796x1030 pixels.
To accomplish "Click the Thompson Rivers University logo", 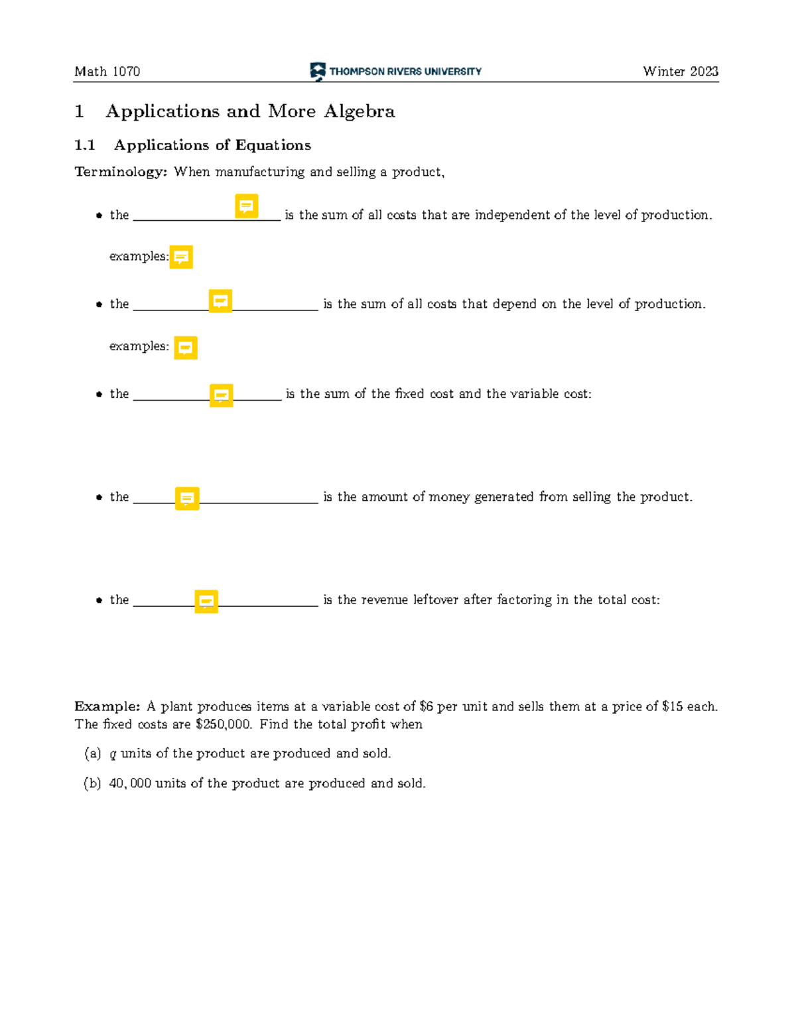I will coord(395,71).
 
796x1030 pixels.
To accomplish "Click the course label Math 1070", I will coord(107,72).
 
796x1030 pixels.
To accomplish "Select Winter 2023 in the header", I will coord(680,72).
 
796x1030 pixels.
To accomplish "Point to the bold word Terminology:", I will coord(121,172).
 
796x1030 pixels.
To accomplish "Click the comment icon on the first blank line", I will coord(247,206).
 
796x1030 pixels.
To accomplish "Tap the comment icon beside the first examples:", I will coord(181,257).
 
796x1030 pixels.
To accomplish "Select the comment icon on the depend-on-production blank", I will coord(220,300).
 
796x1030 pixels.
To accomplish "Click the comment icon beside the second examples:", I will coord(186,348).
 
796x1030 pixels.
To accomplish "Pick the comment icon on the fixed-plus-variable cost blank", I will coord(221,395).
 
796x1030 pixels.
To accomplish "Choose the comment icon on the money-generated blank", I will coord(187,498).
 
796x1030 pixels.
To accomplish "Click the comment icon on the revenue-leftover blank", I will coord(206,601).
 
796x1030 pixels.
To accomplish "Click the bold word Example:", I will coord(107,706).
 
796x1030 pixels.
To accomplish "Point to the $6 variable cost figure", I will coord(426,706).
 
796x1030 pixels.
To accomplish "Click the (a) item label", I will coord(92,753).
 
